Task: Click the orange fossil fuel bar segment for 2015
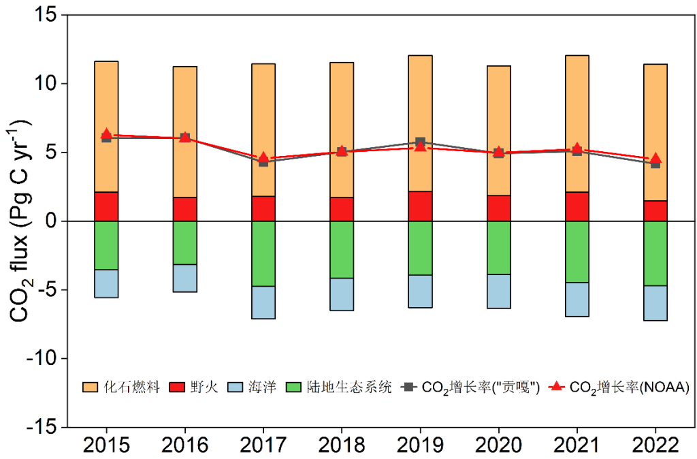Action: [x=106, y=95]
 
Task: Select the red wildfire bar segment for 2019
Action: [x=420, y=206]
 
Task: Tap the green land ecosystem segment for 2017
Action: [x=263, y=253]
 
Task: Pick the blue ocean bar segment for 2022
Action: [x=655, y=303]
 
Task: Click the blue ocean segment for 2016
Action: [x=184, y=278]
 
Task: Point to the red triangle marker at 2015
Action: [x=106, y=135]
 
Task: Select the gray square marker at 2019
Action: [x=420, y=142]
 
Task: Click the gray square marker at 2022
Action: [x=655, y=163]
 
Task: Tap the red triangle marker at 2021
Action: [x=577, y=149]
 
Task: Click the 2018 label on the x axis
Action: [x=342, y=446]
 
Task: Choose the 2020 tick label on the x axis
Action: [x=499, y=446]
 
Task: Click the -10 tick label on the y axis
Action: [x=42, y=358]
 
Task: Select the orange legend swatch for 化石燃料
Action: [x=90, y=387]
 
